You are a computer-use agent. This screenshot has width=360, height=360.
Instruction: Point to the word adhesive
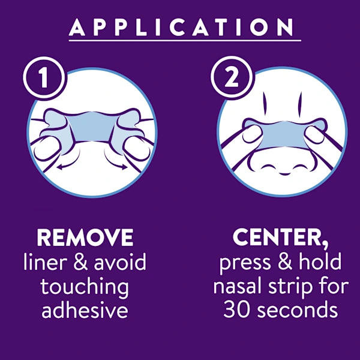tap(85, 310)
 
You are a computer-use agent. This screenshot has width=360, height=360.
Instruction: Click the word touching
tap(85, 287)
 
